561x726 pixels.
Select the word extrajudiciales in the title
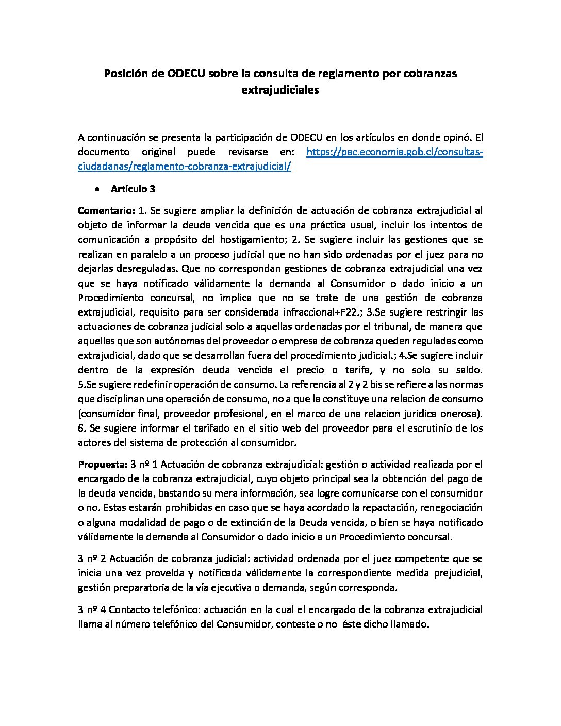280,90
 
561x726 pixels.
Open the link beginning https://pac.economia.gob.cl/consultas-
394,152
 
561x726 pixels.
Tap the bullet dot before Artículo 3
97,189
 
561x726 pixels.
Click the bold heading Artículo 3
133,189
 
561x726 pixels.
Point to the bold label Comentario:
106,210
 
